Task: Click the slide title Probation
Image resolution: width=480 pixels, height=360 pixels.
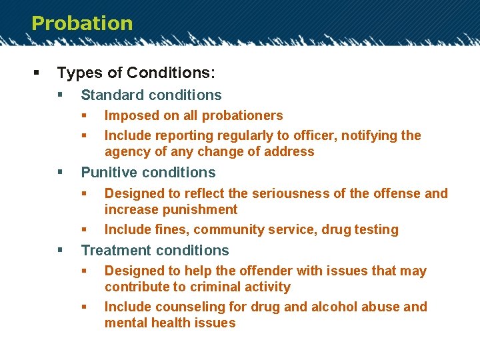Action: click(x=82, y=23)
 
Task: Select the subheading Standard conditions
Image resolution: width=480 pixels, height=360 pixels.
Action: click(x=151, y=95)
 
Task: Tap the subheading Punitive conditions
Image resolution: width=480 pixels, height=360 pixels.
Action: click(x=148, y=173)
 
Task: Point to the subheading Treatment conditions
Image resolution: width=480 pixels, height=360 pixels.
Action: click(x=155, y=251)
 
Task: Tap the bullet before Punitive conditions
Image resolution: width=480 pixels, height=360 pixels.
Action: click(x=61, y=173)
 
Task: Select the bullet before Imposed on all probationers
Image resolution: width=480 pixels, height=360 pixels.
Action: click(x=85, y=115)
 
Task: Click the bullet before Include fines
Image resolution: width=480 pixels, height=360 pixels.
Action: click(x=85, y=229)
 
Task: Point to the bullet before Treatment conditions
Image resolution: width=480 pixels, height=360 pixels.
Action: click(x=61, y=251)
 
